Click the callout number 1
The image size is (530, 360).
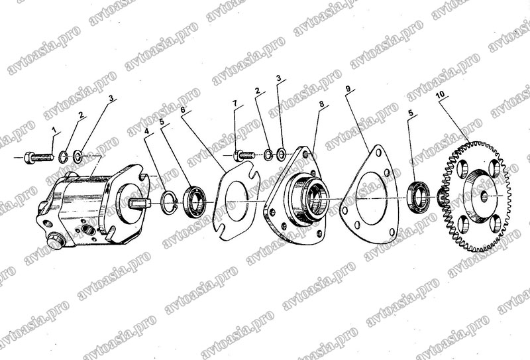54,129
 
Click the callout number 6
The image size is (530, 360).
183,109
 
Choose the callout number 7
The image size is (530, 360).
235,103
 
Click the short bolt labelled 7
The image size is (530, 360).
243,156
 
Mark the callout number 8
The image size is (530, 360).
321,103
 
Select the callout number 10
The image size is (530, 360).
440,94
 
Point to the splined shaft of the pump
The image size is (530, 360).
139,204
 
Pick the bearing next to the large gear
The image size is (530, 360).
419,198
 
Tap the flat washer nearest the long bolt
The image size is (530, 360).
78,156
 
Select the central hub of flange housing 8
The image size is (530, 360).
308,200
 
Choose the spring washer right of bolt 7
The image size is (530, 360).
269,154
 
